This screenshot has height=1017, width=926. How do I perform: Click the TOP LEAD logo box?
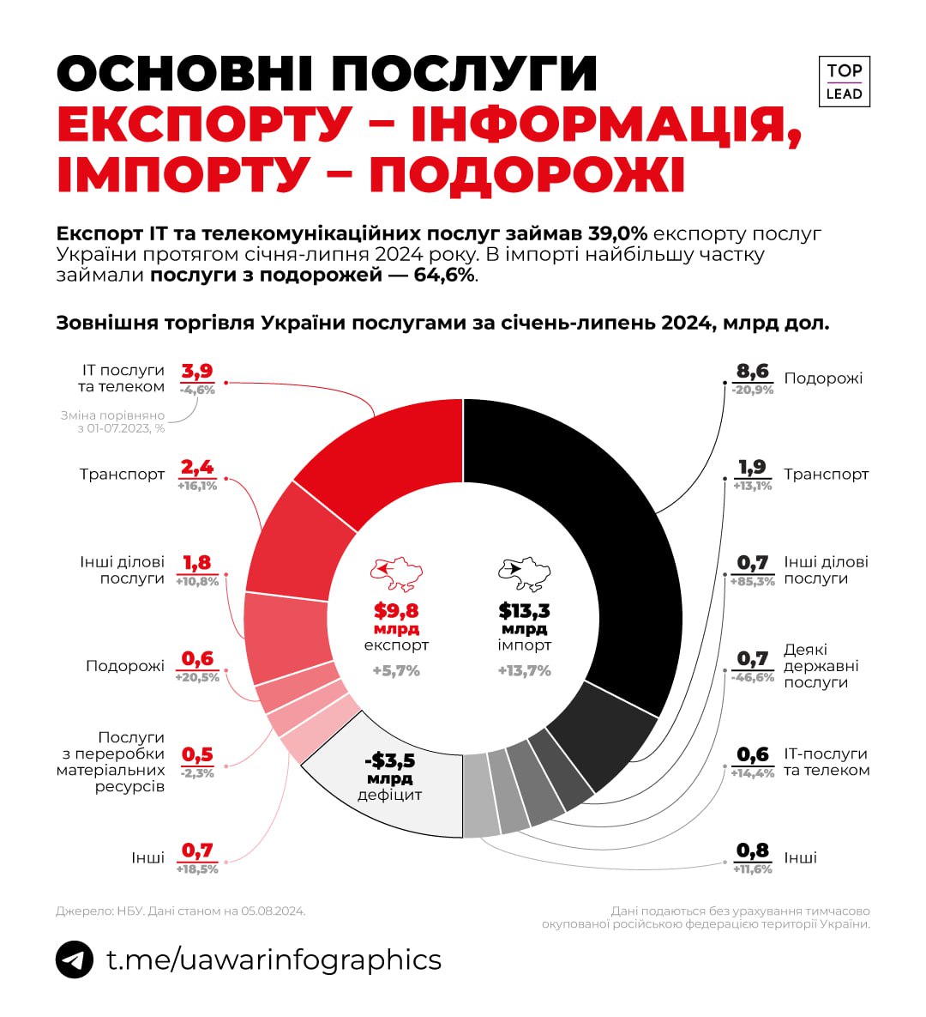click(x=844, y=82)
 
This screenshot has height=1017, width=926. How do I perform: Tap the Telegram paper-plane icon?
click(x=75, y=959)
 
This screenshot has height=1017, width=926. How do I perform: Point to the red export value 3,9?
click(x=197, y=372)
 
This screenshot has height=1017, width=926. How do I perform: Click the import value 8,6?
click(x=753, y=372)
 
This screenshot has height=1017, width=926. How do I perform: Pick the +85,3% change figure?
click(x=753, y=582)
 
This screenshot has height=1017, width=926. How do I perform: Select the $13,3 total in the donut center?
click(x=524, y=611)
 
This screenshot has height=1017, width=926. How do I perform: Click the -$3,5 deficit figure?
click(x=389, y=760)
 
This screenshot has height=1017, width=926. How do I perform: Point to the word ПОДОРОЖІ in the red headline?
click(x=527, y=173)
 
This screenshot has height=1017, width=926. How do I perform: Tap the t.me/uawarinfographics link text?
click(x=274, y=959)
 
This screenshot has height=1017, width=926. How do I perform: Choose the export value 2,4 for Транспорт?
click(x=197, y=468)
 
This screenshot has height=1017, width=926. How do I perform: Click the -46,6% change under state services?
click(x=753, y=678)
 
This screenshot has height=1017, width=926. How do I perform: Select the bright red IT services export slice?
click(x=386, y=455)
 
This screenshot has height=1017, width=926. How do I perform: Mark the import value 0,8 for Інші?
click(x=753, y=851)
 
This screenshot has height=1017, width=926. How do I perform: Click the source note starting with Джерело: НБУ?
click(x=181, y=911)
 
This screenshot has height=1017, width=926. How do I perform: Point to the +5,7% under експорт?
click(x=396, y=671)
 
